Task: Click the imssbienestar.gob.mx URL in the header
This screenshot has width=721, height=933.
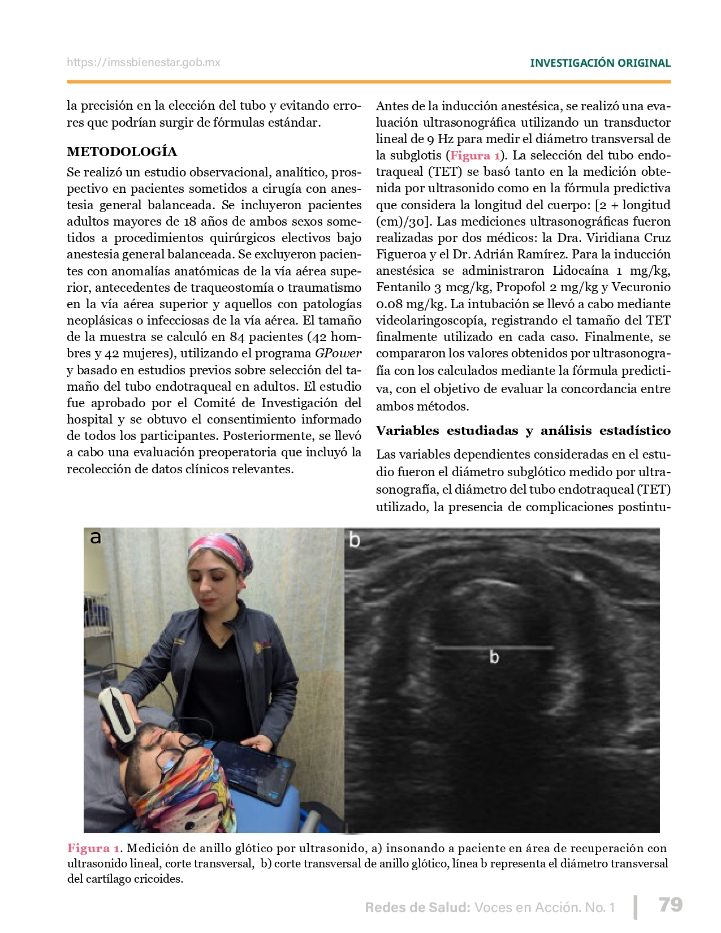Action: pos(144,63)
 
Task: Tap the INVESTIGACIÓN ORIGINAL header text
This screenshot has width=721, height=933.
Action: pos(600,63)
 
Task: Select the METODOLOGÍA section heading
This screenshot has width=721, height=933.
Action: pos(122,152)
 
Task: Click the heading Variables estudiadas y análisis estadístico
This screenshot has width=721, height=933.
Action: pos(523,431)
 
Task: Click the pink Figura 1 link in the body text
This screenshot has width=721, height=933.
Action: pos(475,155)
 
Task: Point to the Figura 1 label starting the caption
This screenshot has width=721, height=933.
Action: pos(93,848)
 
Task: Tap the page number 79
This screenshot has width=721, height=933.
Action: pos(671,905)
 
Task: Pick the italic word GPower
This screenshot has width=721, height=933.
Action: pos(338,353)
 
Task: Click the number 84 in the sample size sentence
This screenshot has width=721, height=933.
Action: pos(238,337)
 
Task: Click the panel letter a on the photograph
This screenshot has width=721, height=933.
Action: pos(96,537)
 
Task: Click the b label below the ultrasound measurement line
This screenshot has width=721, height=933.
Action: pos(494,658)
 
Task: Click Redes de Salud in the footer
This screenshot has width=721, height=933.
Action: pos(417,908)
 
